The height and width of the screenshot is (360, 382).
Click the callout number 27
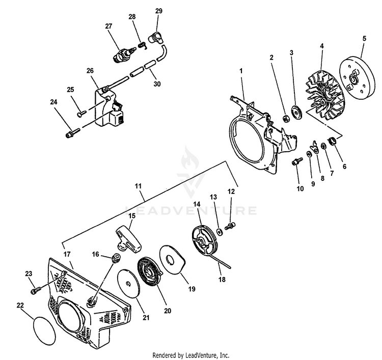(x=108, y=26)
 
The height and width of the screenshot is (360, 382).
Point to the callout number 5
(x=364, y=39)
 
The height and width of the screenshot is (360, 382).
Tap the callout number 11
(x=138, y=187)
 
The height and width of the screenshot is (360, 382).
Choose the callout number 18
(x=221, y=280)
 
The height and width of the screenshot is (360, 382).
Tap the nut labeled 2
(x=287, y=118)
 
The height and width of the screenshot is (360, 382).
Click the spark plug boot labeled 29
(x=155, y=38)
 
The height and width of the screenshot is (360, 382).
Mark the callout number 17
(x=67, y=254)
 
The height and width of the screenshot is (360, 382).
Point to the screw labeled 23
(x=36, y=291)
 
